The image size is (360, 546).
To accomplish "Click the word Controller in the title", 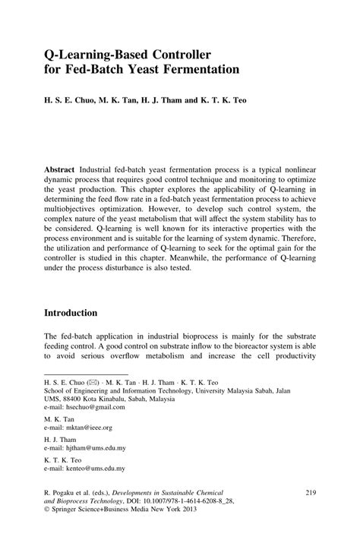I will (172, 55).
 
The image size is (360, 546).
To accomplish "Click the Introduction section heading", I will (81, 312).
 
